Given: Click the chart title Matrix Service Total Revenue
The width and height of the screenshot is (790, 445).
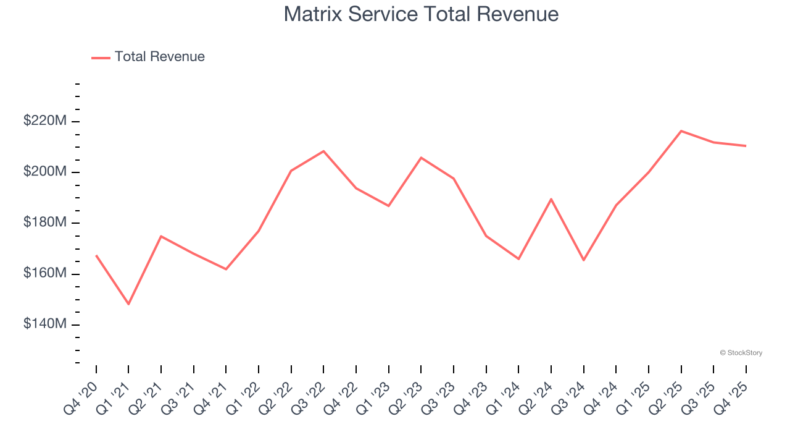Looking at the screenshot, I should (421, 14).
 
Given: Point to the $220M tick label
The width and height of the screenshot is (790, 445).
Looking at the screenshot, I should (44, 121).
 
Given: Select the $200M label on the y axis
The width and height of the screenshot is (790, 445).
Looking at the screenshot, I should (44, 172).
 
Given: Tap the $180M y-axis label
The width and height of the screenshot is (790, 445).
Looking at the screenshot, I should (44, 222).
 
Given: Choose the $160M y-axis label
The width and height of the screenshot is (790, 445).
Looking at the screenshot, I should (44, 274).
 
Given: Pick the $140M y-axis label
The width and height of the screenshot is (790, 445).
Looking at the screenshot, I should (44, 324).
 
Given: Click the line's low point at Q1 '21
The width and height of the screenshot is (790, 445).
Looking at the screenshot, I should (128, 304).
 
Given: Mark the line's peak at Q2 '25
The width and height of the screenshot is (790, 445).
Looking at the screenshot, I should (681, 131).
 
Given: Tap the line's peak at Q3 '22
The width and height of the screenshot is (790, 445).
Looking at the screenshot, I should (323, 151).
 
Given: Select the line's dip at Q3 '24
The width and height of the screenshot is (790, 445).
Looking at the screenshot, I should (583, 260).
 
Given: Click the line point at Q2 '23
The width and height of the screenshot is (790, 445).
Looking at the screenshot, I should (421, 158).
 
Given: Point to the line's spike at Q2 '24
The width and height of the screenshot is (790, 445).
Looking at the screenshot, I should (551, 199).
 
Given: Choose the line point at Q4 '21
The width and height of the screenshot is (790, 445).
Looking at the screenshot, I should (226, 269).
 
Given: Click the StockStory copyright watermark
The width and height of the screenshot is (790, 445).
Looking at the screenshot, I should (741, 353).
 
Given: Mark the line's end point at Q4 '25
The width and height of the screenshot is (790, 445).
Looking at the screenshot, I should (746, 146).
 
